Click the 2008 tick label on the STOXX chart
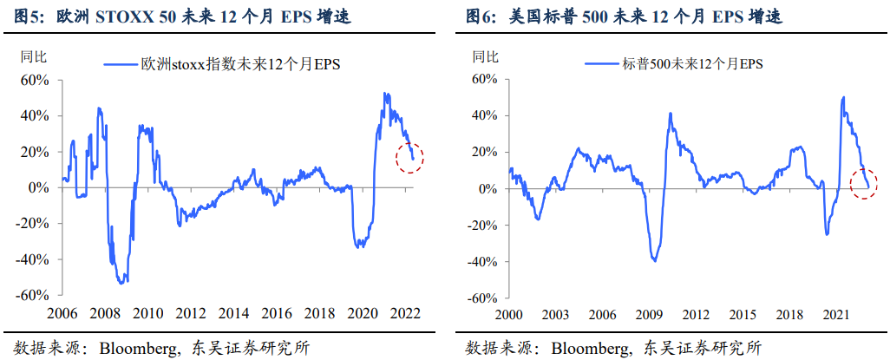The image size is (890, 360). pyautogui.click(x=105, y=313)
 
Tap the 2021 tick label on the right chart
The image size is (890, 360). pyautogui.click(x=834, y=313)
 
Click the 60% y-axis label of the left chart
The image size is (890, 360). pyautogui.click(x=36, y=80)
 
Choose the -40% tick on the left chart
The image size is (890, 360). pyautogui.click(x=34, y=259)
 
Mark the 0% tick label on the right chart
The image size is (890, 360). pyautogui.click(x=491, y=188)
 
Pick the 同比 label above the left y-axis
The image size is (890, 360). pyautogui.click(x=33, y=58)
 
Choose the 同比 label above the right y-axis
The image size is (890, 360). pyautogui.click(x=486, y=58)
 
